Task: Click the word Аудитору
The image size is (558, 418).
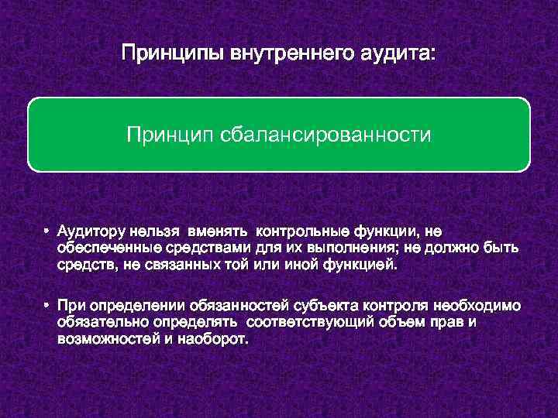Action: point(91,231)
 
